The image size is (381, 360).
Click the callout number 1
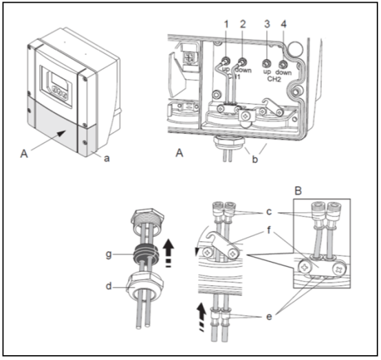pyautogui.click(x=226, y=24)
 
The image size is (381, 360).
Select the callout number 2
pyautogui.click(x=243, y=24)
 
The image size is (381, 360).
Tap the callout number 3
pyautogui.click(x=267, y=24)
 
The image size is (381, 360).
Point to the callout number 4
pyautogui.click(x=283, y=24)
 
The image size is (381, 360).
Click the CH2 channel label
pyautogui.click(x=274, y=79)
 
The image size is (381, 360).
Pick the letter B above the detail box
pyautogui.click(x=298, y=191)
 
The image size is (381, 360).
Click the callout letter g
pyautogui.click(x=109, y=255)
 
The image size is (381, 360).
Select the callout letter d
pyautogui.click(x=109, y=286)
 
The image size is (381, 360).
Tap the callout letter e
pyautogui.click(x=269, y=317)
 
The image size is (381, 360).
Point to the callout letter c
pyautogui.click(x=269, y=212)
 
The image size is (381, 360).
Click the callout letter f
pyautogui.click(x=269, y=229)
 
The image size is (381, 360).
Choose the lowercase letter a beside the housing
pyautogui.click(x=107, y=159)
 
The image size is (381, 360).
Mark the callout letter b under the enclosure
pyautogui.click(x=254, y=159)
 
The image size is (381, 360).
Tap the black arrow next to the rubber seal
pyautogui.click(x=168, y=253)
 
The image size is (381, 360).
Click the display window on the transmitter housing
pyautogui.click(x=61, y=81)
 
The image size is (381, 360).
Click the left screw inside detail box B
pyautogui.click(x=305, y=268)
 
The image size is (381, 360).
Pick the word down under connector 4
pyautogui.click(x=283, y=73)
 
